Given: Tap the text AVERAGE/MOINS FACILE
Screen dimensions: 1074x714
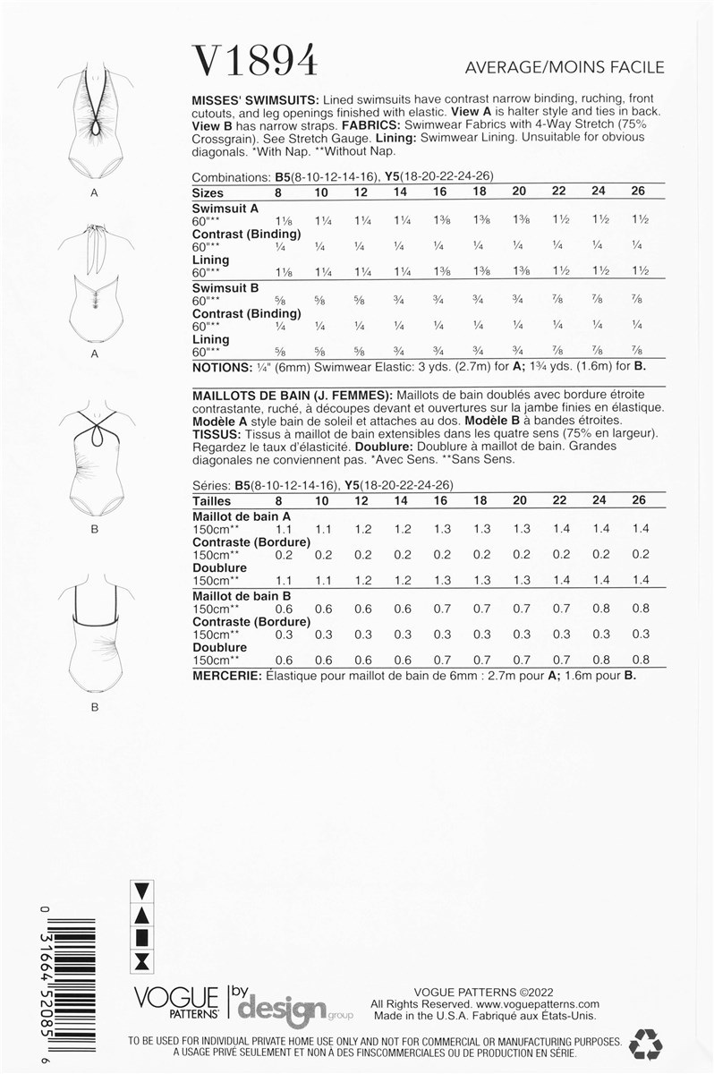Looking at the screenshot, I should (x=565, y=67).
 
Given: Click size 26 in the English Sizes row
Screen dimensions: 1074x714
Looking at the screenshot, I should (x=638, y=192).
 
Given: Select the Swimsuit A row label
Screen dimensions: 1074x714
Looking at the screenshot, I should (x=226, y=208).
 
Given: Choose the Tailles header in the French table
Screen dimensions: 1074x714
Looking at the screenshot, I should (x=212, y=501).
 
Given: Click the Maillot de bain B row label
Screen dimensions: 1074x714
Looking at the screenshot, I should (x=242, y=595).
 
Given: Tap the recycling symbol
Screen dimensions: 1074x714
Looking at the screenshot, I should (x=645, y=1044).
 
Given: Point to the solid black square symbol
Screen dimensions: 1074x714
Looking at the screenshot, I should (x=141, y=937).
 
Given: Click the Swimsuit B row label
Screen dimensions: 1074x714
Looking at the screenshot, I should (x=226, y=288).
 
